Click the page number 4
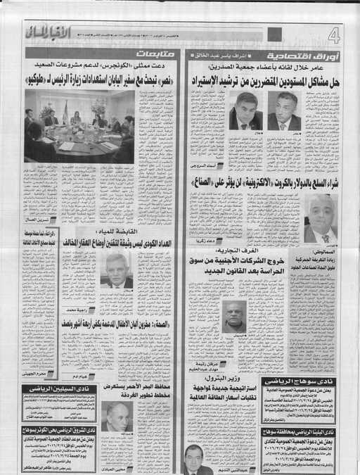pos(333,35)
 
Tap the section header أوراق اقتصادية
pos(310,56)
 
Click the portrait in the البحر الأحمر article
pos(116,417)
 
